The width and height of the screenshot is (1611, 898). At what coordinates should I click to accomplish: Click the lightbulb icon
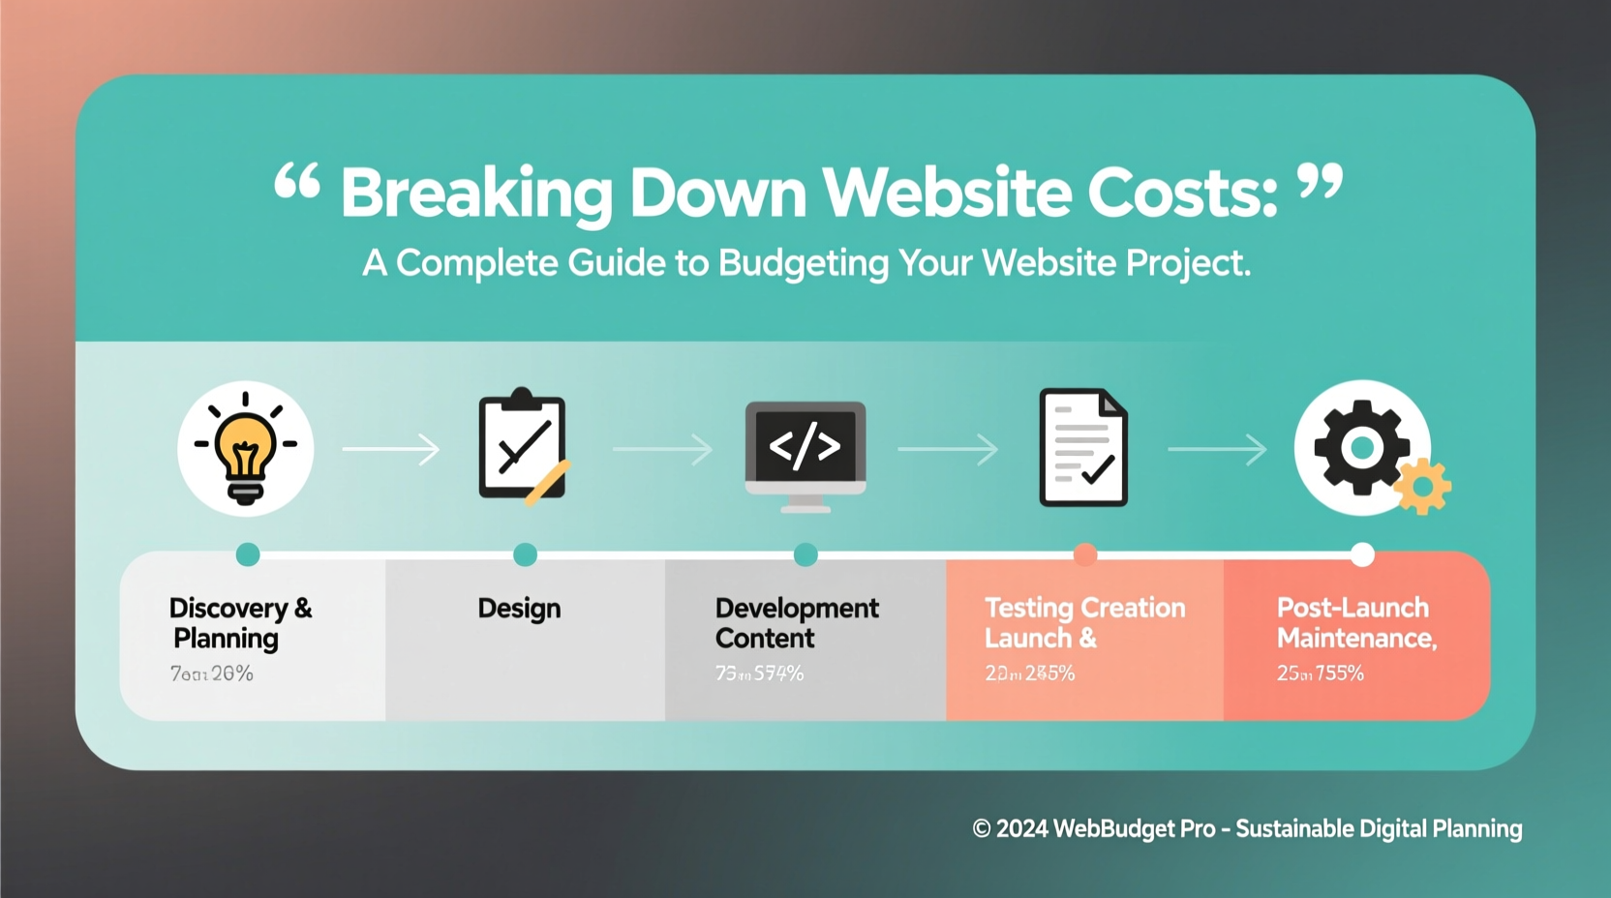pyautogui.click(x=245, y=448)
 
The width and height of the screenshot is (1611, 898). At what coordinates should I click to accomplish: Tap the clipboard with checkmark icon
pyautogui.click(x=523, y=447)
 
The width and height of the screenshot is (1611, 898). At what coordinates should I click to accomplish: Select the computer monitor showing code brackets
pyautogui.click(x=805, y=453)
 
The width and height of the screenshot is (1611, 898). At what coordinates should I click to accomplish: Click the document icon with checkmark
pyautogui.click(x=1083, y=448)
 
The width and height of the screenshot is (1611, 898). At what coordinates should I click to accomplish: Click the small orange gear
pyautogui.click(x=1422, y=487)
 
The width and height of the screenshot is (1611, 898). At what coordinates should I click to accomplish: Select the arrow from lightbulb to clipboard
pyautogui.click(x=391, y=449)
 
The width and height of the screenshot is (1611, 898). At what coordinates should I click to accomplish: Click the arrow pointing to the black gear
pyautogui.click(x=1217, y=449)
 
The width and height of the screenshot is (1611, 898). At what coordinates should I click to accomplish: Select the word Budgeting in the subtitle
pyautogui.click(x=803, y=263)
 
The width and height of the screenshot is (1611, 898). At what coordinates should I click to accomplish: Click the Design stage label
pyautogui.click(x=519, y=609)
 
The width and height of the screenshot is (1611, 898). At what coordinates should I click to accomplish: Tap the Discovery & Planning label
pyautogui.click(x=239, y=622)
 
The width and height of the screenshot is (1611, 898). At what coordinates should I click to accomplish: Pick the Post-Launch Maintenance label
pyautogui.click(x=1355, y=622)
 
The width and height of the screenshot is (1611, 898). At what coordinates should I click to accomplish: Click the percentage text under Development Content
pyautogui.click(x=759, y=673)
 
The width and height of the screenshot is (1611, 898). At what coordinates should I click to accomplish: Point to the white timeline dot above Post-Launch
pyautogui.click(x=1362, y=554)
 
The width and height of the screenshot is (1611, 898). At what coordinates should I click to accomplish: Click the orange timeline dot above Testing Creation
pyautogui.click(x=1085, y=554)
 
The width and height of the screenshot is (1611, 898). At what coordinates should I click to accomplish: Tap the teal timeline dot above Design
pyautogui.click(x=525, y=554)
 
